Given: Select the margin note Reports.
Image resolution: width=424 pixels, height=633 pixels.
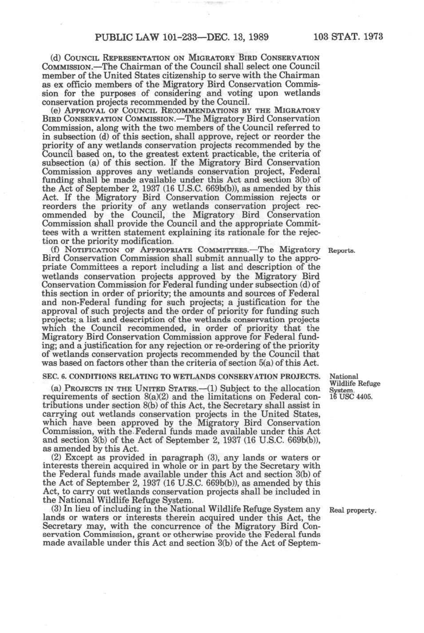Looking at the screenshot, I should (x=342, y=251).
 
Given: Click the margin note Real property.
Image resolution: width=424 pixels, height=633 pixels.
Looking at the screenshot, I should (x=353, y=510).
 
